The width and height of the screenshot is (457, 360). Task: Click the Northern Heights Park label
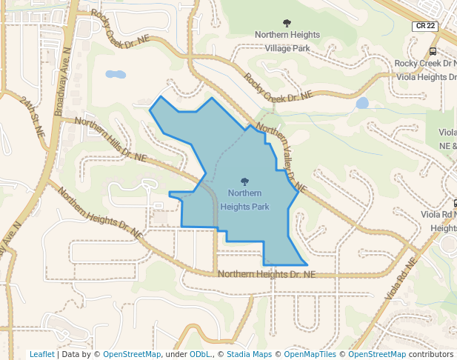tap(244, 200)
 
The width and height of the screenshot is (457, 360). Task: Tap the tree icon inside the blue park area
tap(244, 181)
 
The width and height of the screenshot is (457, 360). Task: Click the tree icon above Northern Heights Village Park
tap(287, 23)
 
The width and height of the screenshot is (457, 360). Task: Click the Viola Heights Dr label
tap(427, 76)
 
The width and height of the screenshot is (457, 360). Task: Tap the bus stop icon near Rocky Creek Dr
tap(433, 51)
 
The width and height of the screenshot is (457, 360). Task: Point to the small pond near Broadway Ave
tap(115, 74)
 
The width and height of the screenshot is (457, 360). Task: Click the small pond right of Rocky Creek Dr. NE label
tap(362, 103)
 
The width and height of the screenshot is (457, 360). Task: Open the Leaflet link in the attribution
tap(41, 354)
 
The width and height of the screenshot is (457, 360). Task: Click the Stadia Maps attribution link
tap(247, 354)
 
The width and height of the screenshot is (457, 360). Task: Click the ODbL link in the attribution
tap(201, 354)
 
